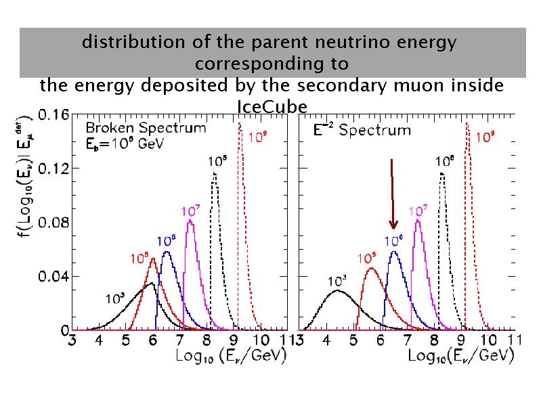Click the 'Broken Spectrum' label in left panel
point(146,127)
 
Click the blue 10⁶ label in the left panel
point(167,241)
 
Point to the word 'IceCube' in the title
point(272,107)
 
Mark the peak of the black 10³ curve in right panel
point(337,291)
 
